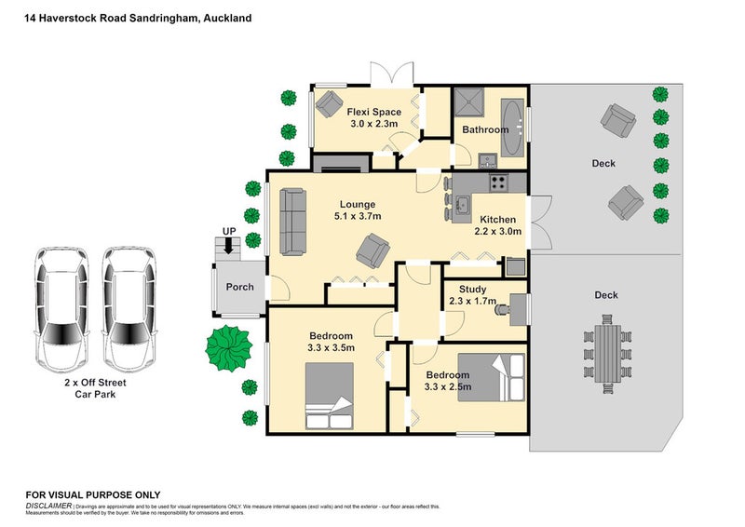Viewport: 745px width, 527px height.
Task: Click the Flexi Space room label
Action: point(373,111)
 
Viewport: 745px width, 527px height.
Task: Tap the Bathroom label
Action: point(485,130)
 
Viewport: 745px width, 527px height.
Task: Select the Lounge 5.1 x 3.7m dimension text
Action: point(357,216)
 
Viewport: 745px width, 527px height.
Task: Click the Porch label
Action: point(240,287)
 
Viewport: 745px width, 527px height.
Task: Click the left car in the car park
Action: point(60,310)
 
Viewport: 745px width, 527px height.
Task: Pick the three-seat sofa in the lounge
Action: point(294,222)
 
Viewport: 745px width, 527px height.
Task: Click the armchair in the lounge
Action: point(373,249)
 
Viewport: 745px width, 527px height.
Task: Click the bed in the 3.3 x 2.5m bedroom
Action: point(492,377)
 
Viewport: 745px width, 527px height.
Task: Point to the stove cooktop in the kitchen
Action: point(498,183)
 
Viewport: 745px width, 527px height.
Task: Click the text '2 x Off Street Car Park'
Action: point(93,387)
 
